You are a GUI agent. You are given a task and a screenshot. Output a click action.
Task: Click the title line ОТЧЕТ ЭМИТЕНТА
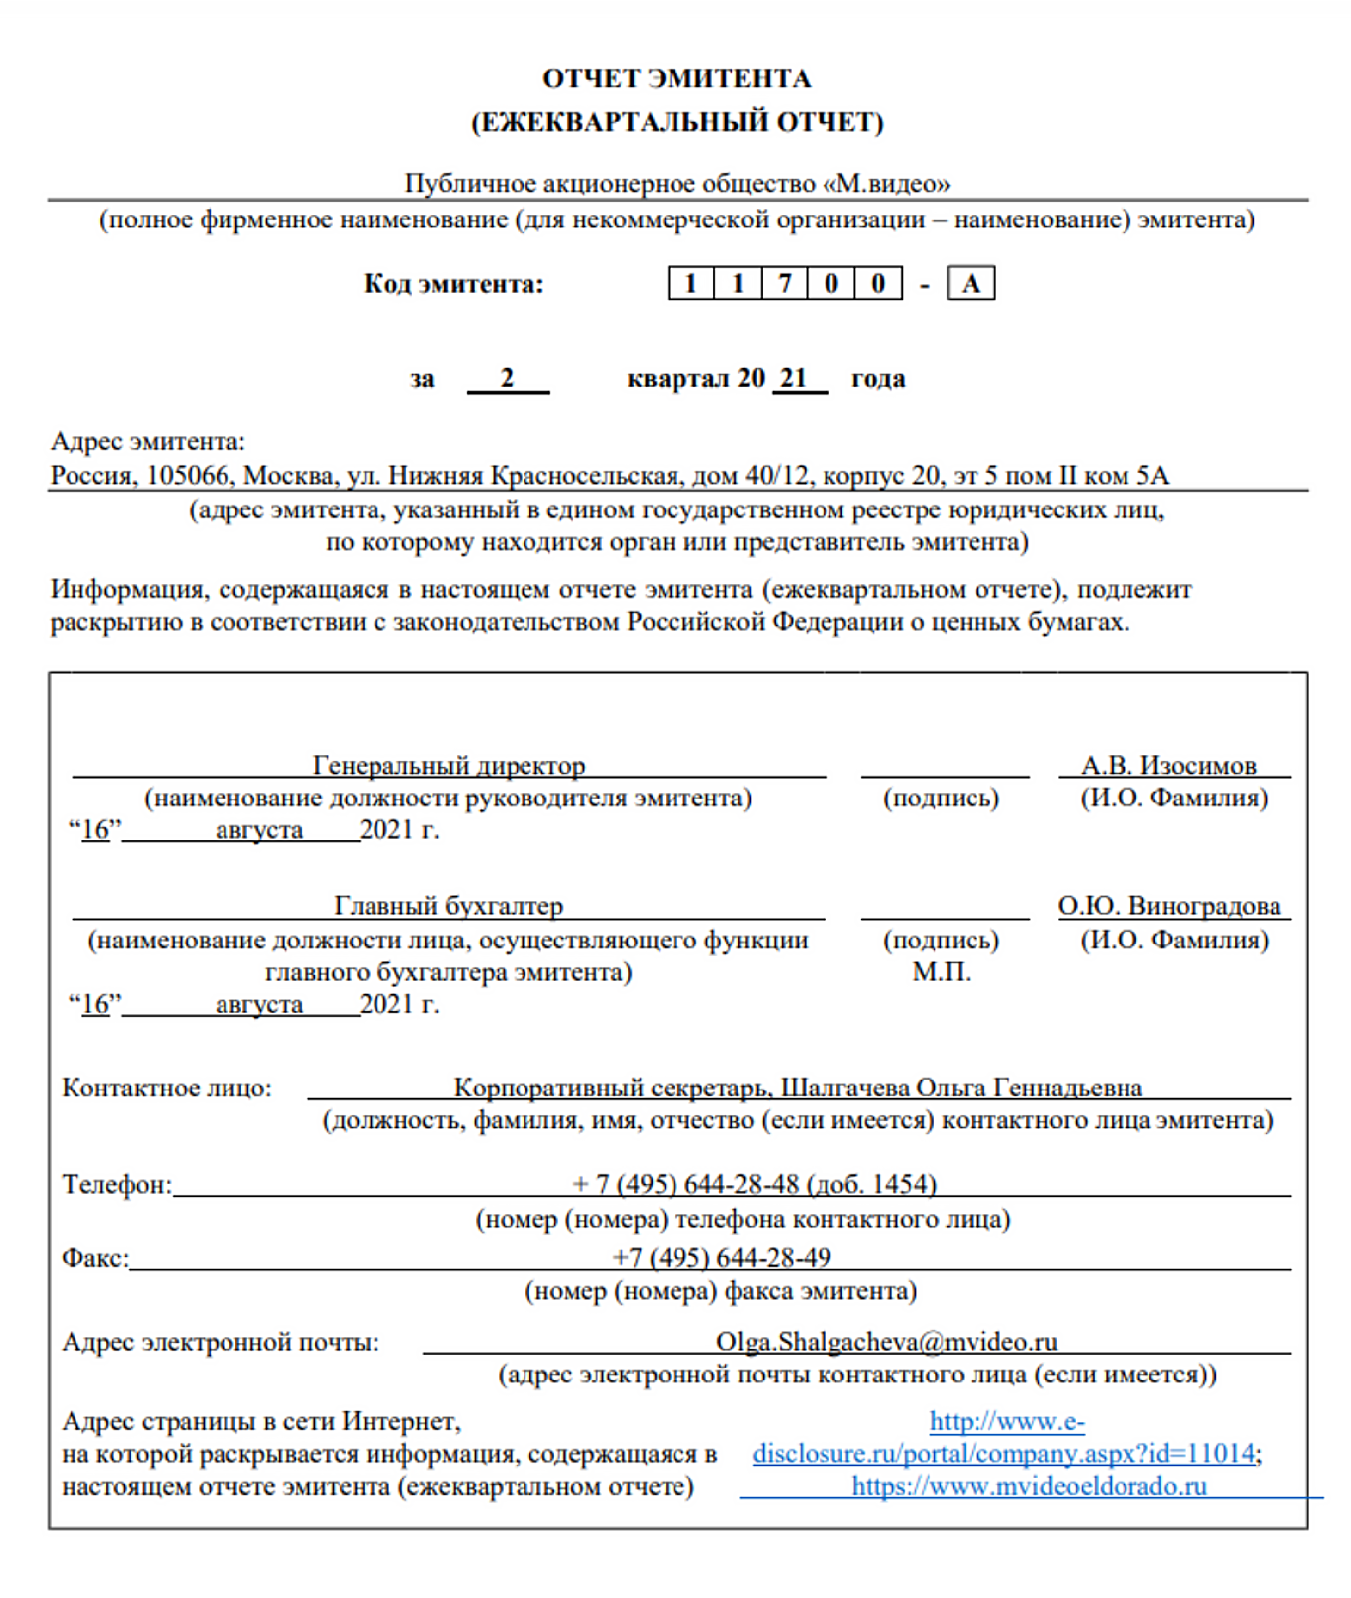676,78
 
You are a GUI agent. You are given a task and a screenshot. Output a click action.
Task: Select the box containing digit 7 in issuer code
785,284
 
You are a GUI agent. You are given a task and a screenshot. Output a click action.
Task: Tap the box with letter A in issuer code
971,284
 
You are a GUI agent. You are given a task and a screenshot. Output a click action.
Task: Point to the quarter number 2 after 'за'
507,378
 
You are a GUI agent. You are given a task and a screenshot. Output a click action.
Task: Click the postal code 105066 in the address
187,475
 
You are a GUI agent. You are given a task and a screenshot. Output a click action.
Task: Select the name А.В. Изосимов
1168,765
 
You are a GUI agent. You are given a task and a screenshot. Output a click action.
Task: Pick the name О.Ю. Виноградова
1169,906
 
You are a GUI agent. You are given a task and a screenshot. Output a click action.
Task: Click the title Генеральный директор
449,765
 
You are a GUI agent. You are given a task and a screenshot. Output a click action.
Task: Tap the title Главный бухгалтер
448,906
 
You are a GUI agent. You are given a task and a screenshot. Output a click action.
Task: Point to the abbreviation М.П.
941,971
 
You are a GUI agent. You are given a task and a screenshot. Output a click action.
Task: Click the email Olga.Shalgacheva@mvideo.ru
886,1342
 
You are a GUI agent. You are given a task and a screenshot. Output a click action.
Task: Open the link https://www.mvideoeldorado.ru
1029,1486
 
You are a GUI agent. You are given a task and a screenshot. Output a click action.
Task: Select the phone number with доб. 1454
755,1184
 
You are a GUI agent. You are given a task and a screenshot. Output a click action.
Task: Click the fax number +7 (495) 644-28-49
722,1257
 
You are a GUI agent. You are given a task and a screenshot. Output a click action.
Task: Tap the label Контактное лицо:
167,1088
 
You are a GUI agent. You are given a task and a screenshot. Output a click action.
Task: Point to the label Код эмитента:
453,284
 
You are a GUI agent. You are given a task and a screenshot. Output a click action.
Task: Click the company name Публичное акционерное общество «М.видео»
676,183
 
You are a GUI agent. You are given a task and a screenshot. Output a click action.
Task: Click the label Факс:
95,1258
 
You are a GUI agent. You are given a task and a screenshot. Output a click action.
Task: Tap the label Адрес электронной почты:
221,1342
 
